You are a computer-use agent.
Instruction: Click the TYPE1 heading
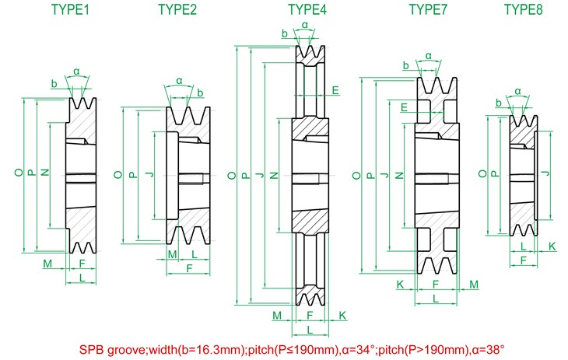71,10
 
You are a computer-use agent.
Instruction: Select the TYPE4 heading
307,10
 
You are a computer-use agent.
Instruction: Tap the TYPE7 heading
428,10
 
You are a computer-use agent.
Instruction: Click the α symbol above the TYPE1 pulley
76,72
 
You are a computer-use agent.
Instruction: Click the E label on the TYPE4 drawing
335,91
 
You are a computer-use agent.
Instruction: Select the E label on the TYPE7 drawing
405,107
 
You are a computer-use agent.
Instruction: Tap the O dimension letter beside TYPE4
231,177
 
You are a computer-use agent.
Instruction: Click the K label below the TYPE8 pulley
552,246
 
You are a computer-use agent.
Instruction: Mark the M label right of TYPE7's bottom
474,285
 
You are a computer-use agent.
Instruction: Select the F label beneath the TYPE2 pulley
189,268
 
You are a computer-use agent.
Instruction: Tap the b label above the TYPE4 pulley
285,35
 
